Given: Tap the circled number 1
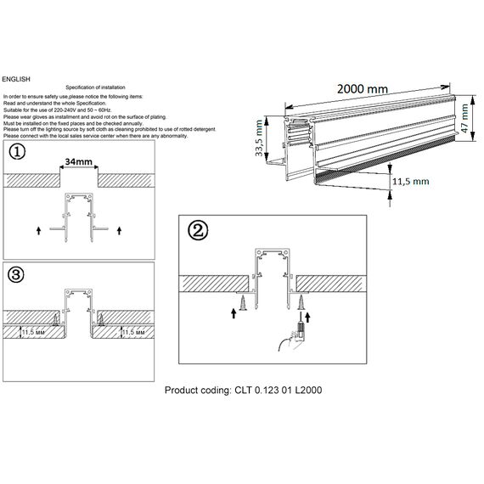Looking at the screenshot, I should click(18, 153).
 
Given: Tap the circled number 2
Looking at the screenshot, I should click(197, 231).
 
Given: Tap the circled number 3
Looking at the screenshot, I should click(18, 274).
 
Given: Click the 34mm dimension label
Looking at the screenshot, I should click(79, 160).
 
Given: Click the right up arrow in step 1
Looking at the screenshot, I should click(119, 229).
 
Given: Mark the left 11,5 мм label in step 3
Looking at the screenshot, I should click(33, 334).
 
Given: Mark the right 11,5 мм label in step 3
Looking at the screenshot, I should click(135, 334).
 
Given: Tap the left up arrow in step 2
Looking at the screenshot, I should click(235, 312).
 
